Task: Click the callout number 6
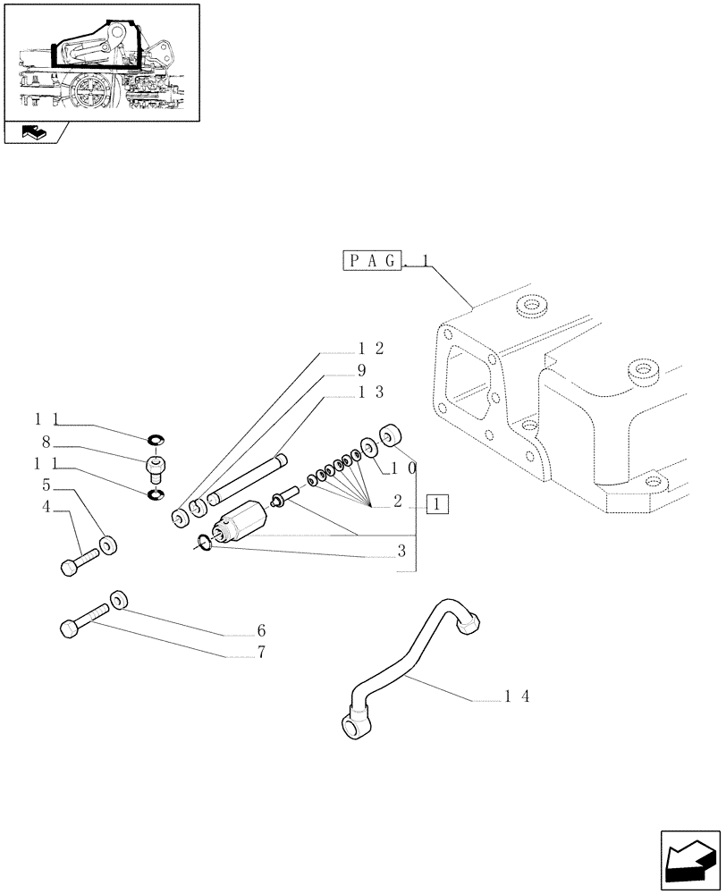[x=261, y=630]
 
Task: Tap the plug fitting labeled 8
[x=156, y=467]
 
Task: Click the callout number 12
[x=371, y=348]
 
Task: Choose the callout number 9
[x=361, y=369]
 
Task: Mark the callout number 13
[x=371, y=392]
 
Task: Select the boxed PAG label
[x=371, y=261]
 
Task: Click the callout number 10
[x=403, y=468]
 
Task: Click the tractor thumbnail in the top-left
[x=100, y=62]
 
